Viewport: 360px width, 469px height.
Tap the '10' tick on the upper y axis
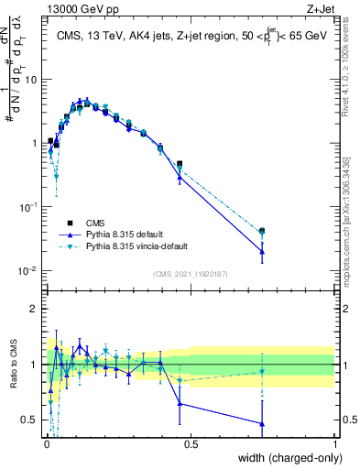point(32,79)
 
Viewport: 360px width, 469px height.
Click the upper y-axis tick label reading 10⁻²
point(29,271)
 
